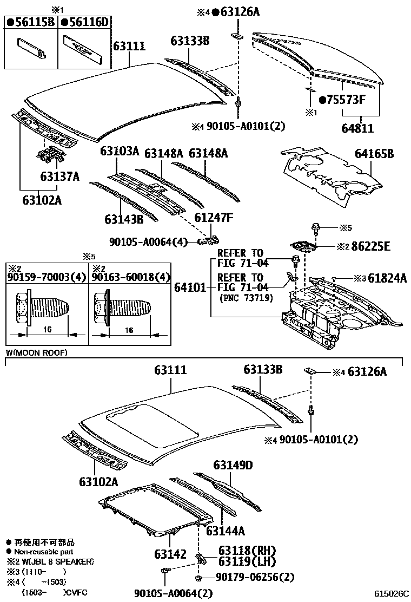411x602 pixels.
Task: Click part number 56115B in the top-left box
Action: click(x=34, y=22)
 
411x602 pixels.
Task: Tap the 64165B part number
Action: click(x=374, y=154)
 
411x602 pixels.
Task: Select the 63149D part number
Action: click(x=233, y=465)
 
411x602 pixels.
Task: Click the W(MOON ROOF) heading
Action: click(x=37, y=352)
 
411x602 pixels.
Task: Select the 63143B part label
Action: click(x=124, y=219)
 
